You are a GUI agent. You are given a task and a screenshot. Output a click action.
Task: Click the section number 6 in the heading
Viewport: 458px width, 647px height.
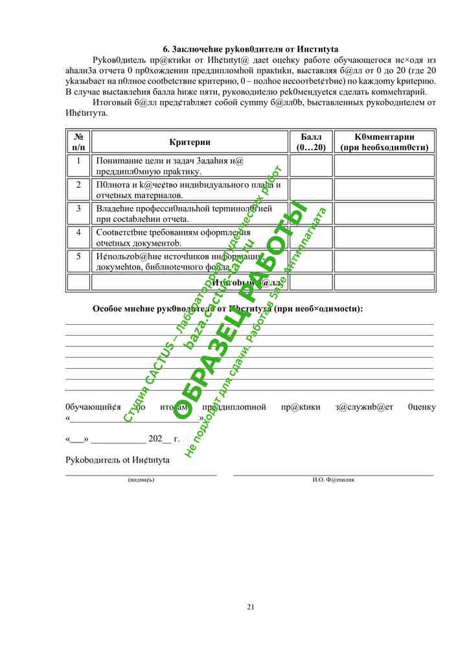tap(165, 49)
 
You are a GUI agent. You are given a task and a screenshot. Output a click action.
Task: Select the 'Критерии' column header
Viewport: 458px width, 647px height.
tap(189, 142)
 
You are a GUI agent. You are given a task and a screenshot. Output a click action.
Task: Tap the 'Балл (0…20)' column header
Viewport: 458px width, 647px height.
tap(310, 142)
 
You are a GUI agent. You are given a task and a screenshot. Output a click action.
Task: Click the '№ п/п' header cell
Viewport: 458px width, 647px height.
tap(78, 142)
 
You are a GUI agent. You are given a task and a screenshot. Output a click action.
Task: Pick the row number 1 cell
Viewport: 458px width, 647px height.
tap(78, 160)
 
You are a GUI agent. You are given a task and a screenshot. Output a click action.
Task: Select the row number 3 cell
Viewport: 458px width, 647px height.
tap(78, 208)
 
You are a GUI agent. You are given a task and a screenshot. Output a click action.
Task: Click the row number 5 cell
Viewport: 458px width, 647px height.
tap(78, 256)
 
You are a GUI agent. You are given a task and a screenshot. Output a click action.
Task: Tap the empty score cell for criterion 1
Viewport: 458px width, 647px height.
tap(310, 166)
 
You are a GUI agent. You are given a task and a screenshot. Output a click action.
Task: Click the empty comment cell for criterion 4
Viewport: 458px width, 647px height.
tap(384, 237)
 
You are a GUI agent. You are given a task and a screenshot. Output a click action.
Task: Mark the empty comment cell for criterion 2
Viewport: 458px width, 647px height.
tap(384, 190)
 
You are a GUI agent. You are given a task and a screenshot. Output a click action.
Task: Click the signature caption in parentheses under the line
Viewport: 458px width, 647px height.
tap(141, 479)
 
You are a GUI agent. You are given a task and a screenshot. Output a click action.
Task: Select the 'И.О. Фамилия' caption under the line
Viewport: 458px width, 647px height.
tap(333, 479)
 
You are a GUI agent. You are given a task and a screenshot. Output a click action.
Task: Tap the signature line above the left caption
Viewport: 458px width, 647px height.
tap(141, 474)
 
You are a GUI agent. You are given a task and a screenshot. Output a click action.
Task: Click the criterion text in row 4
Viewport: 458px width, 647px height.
tap(173, 237)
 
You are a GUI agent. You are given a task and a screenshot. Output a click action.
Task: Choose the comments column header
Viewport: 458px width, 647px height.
tap(384, 142)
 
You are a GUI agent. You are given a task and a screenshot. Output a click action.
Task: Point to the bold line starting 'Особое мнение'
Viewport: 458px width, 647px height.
tap(227, 309)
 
